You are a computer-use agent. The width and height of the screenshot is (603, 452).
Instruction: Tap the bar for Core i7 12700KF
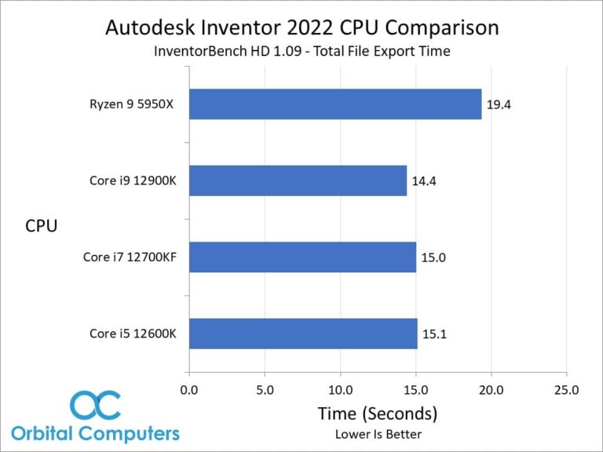(x=302, y=257)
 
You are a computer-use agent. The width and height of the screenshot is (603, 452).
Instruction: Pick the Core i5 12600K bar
(x=303, y=334)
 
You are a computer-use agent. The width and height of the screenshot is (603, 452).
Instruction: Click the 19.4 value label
(x=499, y=104)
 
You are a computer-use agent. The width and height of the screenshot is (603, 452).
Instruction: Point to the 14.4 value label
(x=424, y=181)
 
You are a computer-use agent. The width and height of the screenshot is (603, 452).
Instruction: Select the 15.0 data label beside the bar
(x=433, y=257)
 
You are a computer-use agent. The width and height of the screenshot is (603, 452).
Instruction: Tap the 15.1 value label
(x=434, y=334)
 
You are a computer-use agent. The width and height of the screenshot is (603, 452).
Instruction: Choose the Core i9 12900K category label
(x=133, y=181)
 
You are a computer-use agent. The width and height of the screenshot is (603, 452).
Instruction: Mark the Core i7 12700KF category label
(x=130, y=257)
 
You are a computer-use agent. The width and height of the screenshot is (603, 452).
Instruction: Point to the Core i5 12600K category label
(x=133, y=334)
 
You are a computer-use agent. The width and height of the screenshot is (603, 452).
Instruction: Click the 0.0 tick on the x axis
(x=189, y=389)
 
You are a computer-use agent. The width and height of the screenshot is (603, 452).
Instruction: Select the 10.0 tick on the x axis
(x=341, y=389)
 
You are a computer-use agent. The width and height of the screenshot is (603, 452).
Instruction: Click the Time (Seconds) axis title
(x=377, y=413)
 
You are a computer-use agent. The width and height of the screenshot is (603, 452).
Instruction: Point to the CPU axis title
(x=41, y=226)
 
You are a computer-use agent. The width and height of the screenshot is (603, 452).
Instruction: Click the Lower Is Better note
(x=377, y=434)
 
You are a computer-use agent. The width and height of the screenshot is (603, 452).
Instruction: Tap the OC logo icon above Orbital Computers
(x=95, y=406)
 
